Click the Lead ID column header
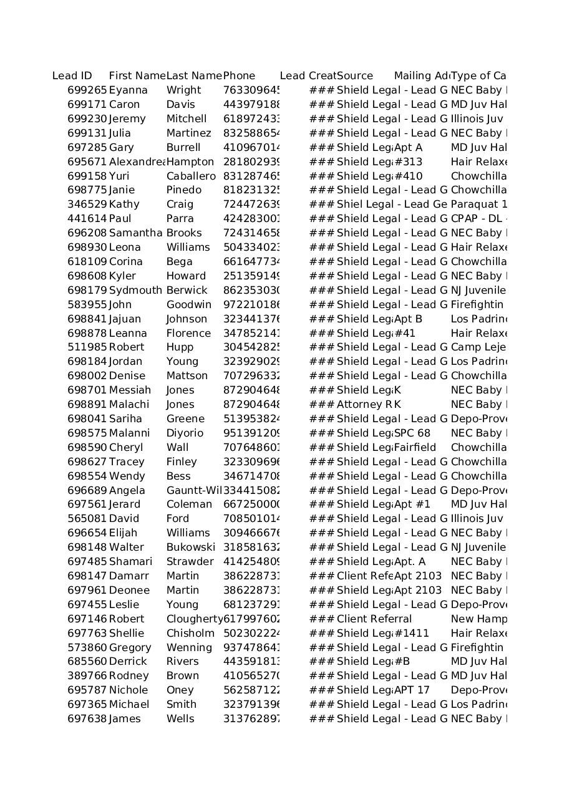point(72,76)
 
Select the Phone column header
point(240,76)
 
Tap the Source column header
point(355,76)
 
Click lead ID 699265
point(87,90)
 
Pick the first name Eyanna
point(128,90)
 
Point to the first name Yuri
point(119,176)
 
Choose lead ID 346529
point(87,205)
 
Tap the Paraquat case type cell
point(478,205)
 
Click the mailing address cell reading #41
point(405,334)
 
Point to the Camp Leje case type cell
point(478,347)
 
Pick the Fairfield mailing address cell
point(415,448)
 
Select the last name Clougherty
point(194,619)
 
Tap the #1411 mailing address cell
point(412,634)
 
